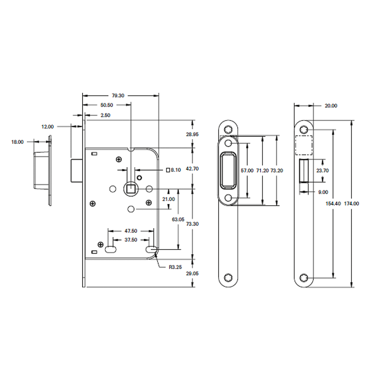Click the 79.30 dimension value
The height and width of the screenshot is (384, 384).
(x=118, y=96)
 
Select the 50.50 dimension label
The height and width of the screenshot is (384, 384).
(x=107, y=105)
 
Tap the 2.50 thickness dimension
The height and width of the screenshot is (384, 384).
(x=105, y=115)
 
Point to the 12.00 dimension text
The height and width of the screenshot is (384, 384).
(x=48, y=126)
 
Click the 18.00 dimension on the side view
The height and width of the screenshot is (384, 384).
(x=17, y=142)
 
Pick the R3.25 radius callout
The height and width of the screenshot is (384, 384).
(x=175, y=267)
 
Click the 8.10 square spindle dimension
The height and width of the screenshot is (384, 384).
(x=175, y=170)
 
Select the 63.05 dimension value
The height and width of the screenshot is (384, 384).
(x=178, y=220)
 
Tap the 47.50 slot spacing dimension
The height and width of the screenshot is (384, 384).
(x=131, y=231)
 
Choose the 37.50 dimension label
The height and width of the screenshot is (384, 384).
(x=131, y=240)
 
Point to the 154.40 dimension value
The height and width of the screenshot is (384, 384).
(x=333, y=204)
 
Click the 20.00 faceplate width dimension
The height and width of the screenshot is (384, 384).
(x=331, y=106)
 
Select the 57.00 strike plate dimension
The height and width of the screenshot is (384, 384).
(x=247, y=170)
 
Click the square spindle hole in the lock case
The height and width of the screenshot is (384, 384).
(x=131, y=189)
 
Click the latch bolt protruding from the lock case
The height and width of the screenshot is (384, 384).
(x=76, y=170)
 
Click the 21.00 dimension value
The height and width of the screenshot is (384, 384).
(x=169, y=199)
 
